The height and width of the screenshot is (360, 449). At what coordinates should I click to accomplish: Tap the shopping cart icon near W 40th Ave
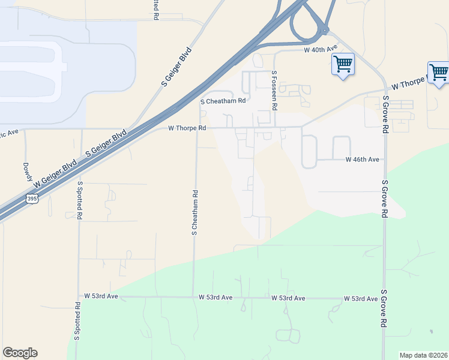pyautogui.click(x=343, y=64)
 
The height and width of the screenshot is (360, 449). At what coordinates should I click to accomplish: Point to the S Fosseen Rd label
pyautogui.click(x=274, y=90)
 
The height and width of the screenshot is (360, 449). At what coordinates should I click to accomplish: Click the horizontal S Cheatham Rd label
pyautogui.click(x=223, y=101)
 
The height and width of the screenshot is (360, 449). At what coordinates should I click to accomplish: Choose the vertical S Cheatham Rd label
pyautogui.click(x=194, y=213)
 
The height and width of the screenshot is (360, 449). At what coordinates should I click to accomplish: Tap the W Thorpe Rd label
pyautogui.click(x=187, y=128)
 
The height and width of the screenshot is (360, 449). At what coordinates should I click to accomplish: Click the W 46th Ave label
pyautogui.click(x=363, y=160)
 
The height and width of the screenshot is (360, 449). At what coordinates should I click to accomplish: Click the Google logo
pyautogui.click(x=20, y=353)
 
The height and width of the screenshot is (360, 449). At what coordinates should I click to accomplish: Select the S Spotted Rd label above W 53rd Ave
pyautogui.click(x=80, y=200)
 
